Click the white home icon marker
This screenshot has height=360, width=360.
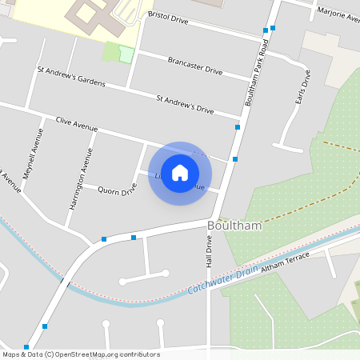tap(180, 173)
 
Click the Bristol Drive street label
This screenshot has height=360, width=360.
tap(168, 18)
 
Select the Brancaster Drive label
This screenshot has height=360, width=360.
tap(194, 66)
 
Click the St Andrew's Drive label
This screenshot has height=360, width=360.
tap(185, 106)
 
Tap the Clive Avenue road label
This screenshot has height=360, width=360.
tap(77, 123)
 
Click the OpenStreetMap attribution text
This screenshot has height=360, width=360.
tap(80, 354)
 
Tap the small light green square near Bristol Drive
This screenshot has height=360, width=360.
tap(126, 54)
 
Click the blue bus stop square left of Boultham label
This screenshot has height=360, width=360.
tap(134, 237)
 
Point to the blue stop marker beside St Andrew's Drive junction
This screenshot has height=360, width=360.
tap(238, 126)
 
